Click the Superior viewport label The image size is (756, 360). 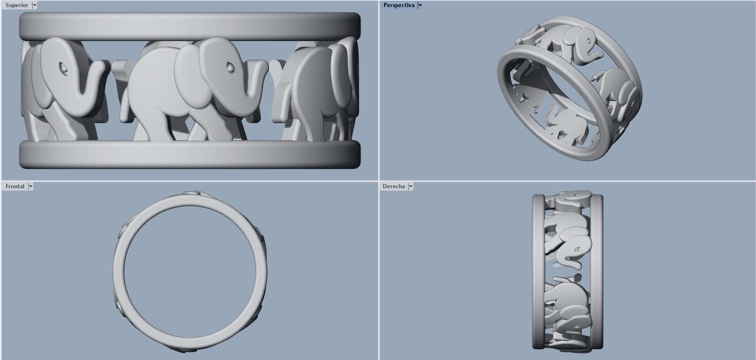17,5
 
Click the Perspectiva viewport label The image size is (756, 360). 399,5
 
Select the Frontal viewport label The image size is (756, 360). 15,186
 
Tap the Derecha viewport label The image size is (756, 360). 394,186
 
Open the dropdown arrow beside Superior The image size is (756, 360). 34,5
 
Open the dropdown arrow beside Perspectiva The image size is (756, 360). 420,5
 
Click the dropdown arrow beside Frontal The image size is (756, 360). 31,186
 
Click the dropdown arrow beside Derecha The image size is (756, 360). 411,186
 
